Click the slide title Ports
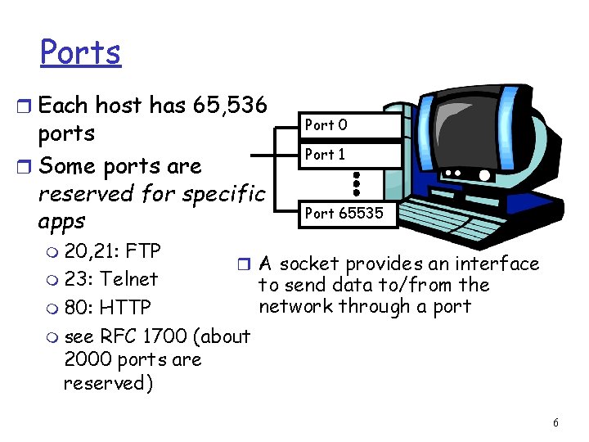tap(80, 52)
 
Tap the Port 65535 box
tap(348, 214)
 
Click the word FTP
tap(143, 250)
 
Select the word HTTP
tap(124, 308)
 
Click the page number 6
tap(556, 422)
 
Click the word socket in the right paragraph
tap(311, 264)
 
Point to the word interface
tap(498, 264)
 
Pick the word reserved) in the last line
tap(107, 383)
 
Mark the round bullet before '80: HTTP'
tap(53, 309)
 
